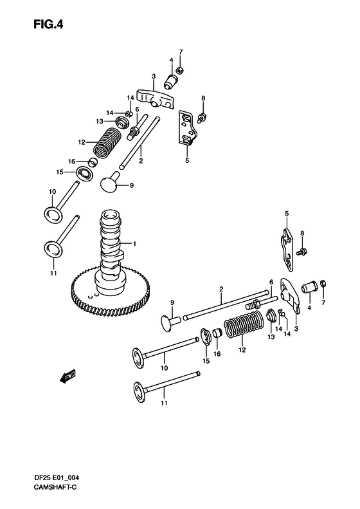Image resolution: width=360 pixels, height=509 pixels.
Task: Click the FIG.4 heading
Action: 48,24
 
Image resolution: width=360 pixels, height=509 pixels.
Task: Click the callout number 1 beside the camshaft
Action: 134,244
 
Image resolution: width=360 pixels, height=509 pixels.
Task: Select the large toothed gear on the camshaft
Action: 111,290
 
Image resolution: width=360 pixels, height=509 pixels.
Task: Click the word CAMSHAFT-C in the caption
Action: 55,487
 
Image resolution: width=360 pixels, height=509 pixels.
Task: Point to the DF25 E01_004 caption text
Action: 56,477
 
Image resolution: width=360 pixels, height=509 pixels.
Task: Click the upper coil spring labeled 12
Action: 107,142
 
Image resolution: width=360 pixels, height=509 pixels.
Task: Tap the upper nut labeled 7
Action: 179,69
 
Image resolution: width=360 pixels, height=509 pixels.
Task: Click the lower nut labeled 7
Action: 323,284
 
